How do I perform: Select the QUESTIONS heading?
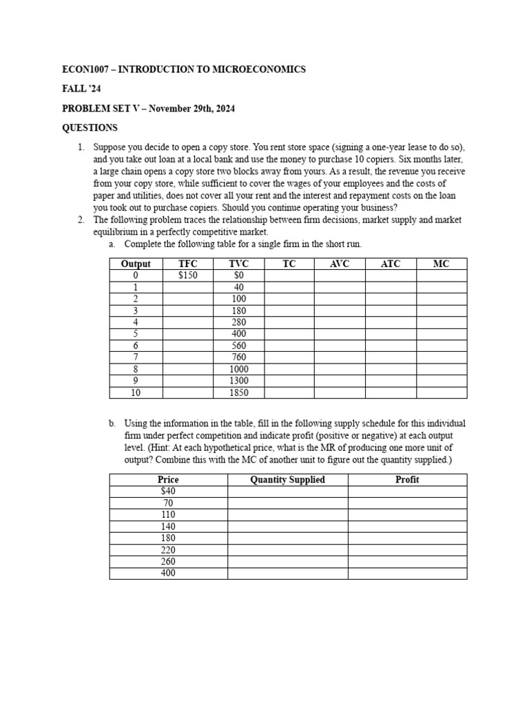click(x=90, y=127)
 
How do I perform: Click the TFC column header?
click(x=188, y=264)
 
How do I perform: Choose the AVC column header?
click(x=340, y=264)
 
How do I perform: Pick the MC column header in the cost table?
click(x=441, y=264)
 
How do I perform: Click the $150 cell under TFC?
click(x=188, y=275)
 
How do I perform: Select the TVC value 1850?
click(x=238, y=392)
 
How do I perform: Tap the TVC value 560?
click(x=238, y=346)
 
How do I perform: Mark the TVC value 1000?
click(x=238, y=369)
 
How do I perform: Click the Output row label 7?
click(x=136, y=357)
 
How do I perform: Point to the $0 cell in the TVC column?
click(x=238, y=275)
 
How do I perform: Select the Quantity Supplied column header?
click(x=288, y=479)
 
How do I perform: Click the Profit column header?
click(x=407, y=479)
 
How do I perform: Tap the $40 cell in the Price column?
click(x=168, y=491)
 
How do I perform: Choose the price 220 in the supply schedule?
click(x=168, y=549)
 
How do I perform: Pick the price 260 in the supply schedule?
click(x=168, y=561)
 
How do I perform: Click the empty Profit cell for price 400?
click(x=407, y=573)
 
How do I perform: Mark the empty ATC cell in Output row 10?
click(x=391, y=392)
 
